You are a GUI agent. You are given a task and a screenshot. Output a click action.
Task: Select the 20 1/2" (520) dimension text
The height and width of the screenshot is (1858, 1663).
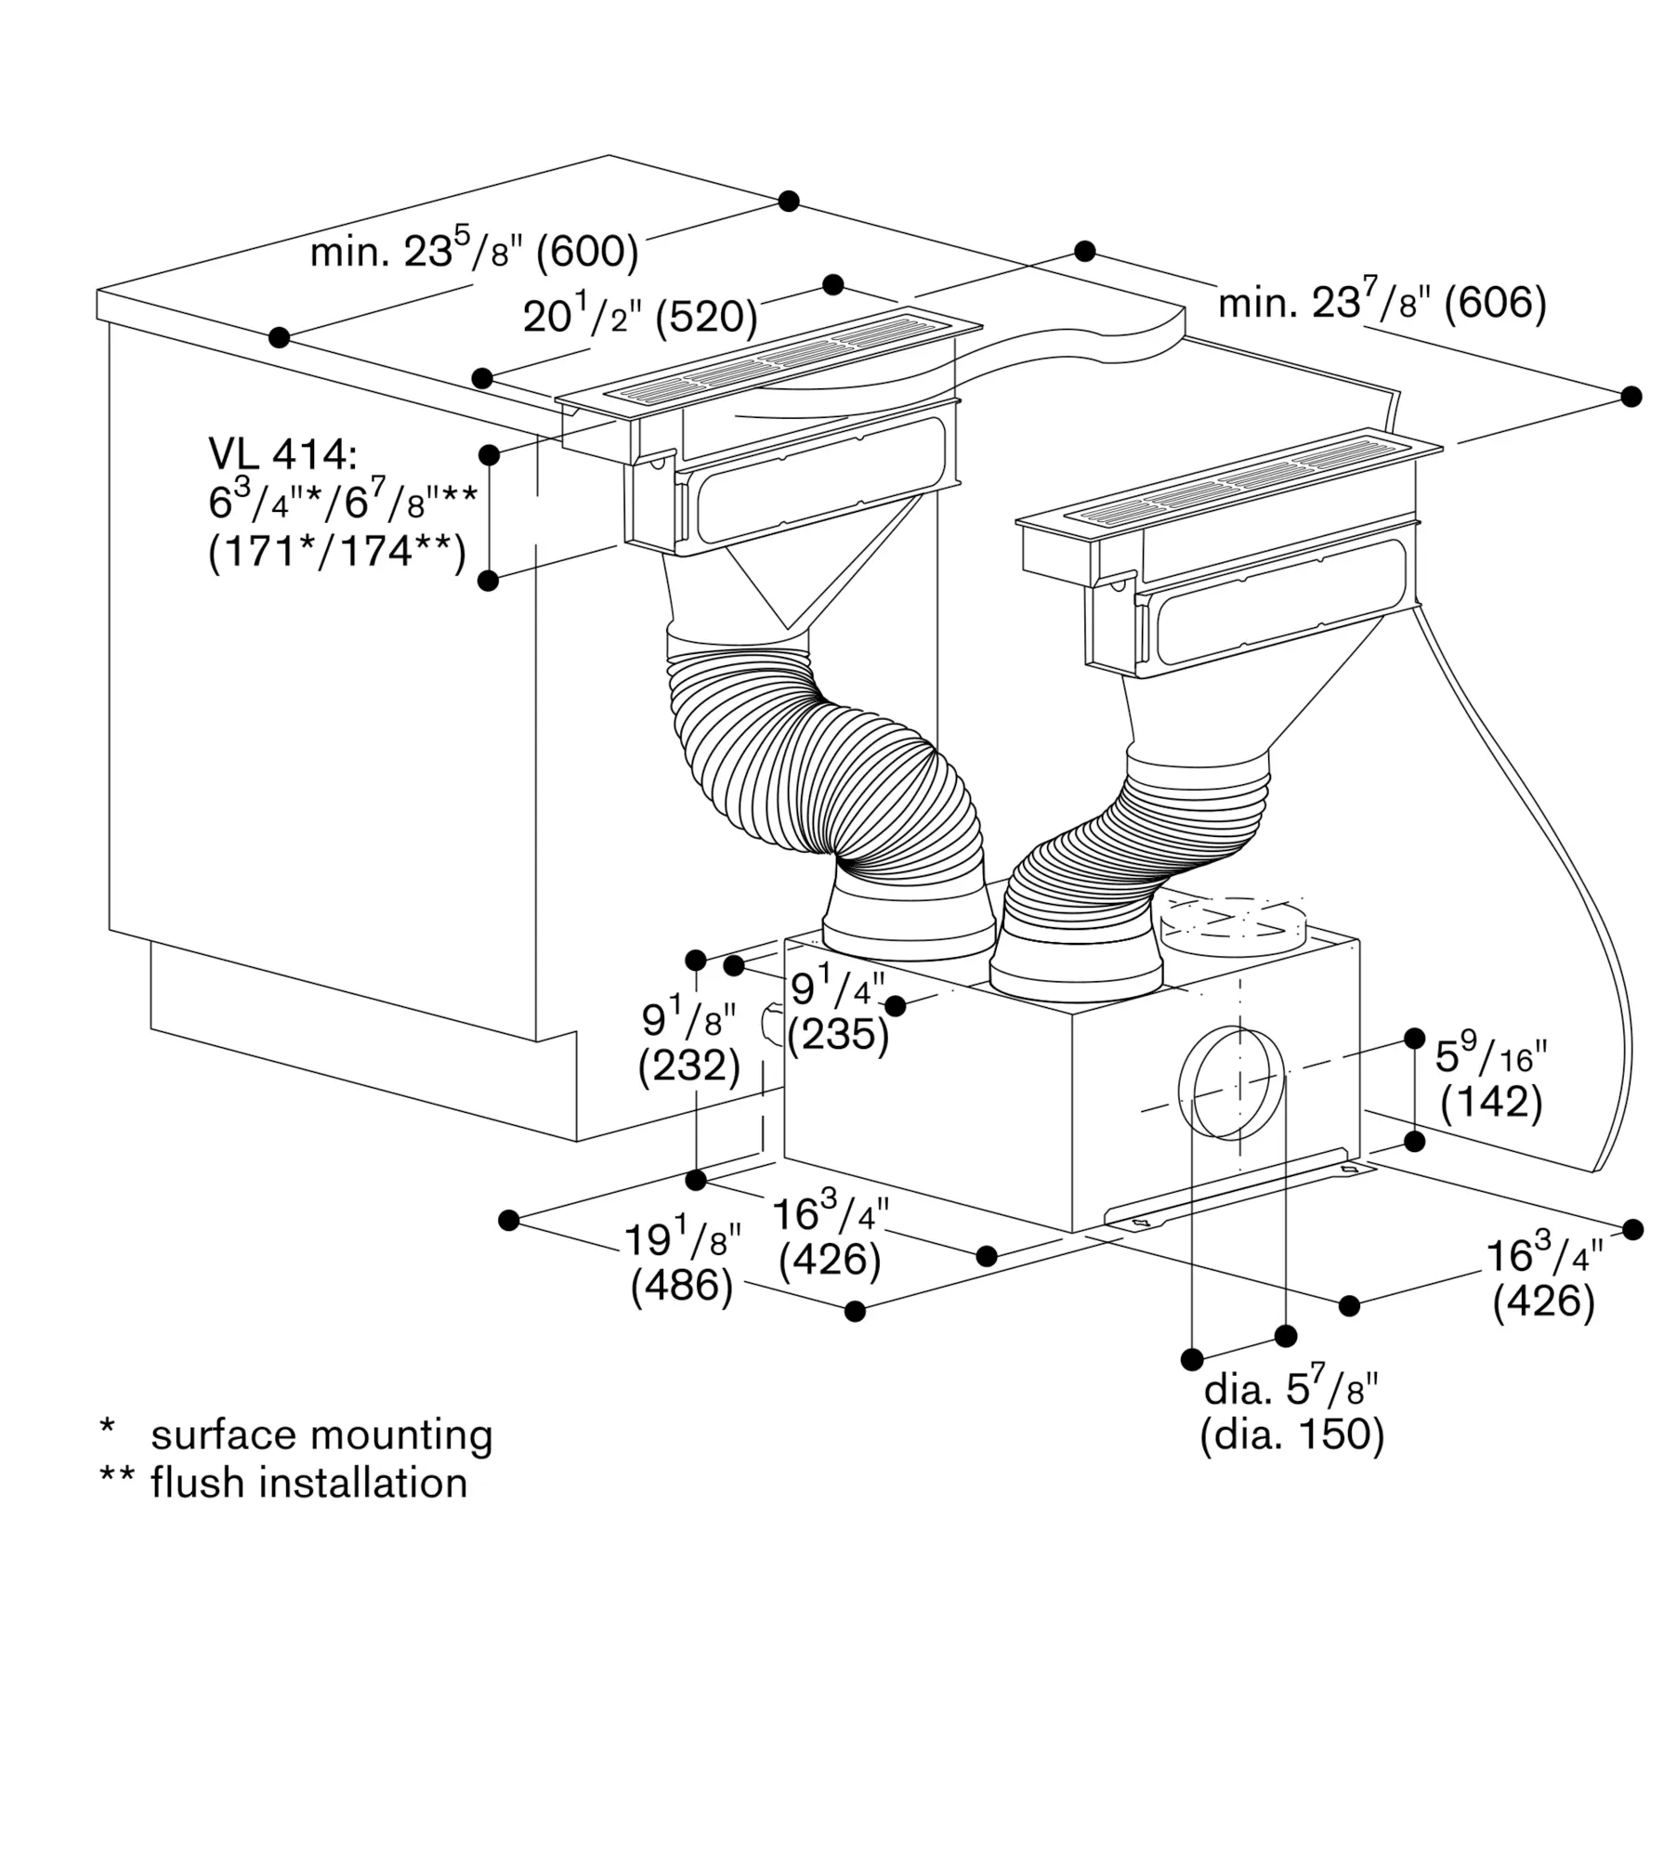coord(640,314)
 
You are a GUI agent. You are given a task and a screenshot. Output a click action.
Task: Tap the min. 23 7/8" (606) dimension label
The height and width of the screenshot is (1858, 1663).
coord(1382,302)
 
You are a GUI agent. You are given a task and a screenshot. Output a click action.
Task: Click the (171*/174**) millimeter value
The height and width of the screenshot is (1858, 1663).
coord(337,553)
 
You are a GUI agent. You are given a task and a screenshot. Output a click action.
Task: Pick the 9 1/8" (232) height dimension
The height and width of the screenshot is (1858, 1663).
coord(689,1042)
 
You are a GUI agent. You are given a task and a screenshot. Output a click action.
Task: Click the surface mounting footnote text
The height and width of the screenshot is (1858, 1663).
coord(321,1434)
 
